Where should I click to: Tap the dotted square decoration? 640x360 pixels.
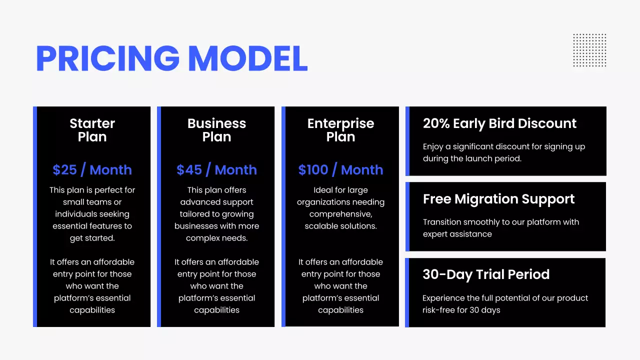coord(589,50)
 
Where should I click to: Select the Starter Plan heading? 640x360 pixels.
coord(92,130)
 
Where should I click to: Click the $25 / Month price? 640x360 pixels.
coord(92,170)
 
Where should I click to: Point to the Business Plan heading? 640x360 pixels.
coord(216,130)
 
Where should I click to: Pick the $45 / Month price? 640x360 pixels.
coord(216,170)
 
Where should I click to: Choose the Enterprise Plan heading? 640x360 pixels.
coord(340,130)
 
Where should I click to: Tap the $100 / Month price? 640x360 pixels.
coord(340,170)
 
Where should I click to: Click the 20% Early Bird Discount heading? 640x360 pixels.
coord(499,123)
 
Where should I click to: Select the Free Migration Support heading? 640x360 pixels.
coord(498,199)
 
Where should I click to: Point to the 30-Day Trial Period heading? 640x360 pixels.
coord(486,274)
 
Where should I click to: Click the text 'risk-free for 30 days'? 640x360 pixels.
coord(461,310)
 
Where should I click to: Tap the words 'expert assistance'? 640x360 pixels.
coord(457,234)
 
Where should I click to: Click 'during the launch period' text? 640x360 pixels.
coord(472,158)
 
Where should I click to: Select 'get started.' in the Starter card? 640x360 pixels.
coord(92,238)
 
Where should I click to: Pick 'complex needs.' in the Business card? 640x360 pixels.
coord(216,238)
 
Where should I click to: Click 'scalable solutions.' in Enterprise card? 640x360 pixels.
coord(340,226)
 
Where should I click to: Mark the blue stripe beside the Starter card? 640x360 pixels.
coord(35,216)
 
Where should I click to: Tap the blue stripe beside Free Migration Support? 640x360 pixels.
coord(407,216)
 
